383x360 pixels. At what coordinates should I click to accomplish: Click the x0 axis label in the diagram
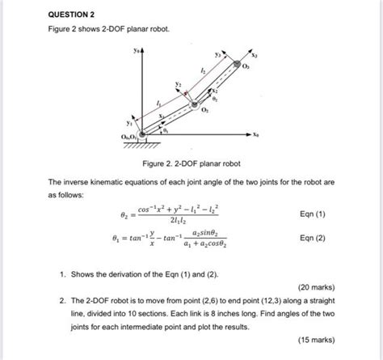(255, 135)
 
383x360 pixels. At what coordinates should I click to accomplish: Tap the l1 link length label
(158, 103)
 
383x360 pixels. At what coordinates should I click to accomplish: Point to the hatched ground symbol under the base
(144, 146)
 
